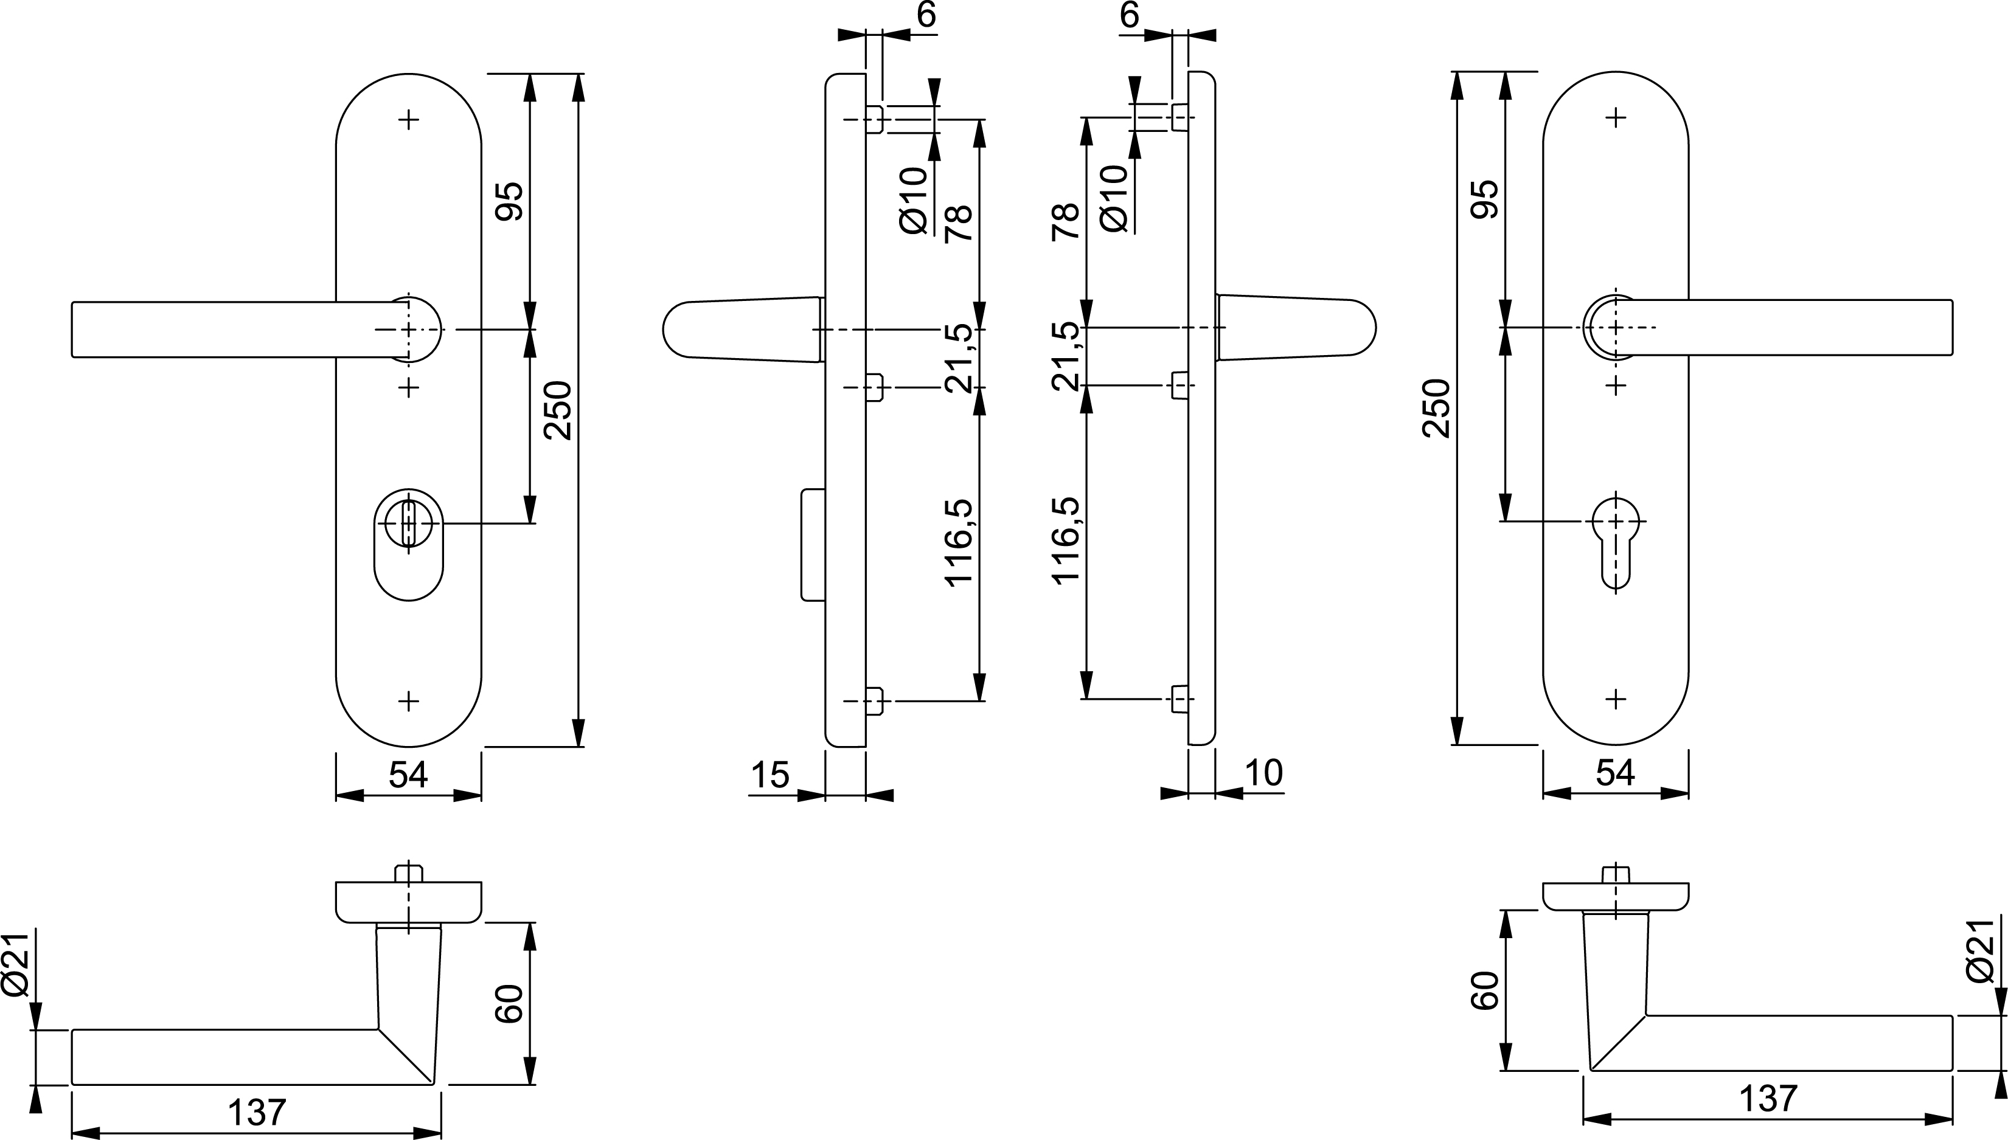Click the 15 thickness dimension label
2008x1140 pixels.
pyautogui.click(x=770, y=775)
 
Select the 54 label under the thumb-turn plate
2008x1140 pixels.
pyautogui.click(x=408, y=775)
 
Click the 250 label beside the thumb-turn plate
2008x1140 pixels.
pyautogui.click(x=558, y=410)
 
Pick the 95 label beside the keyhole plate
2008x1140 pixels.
pyautogui.click(x=1487, y=199)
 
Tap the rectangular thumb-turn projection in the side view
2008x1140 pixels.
pyautogui.click(x=813, y=544)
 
